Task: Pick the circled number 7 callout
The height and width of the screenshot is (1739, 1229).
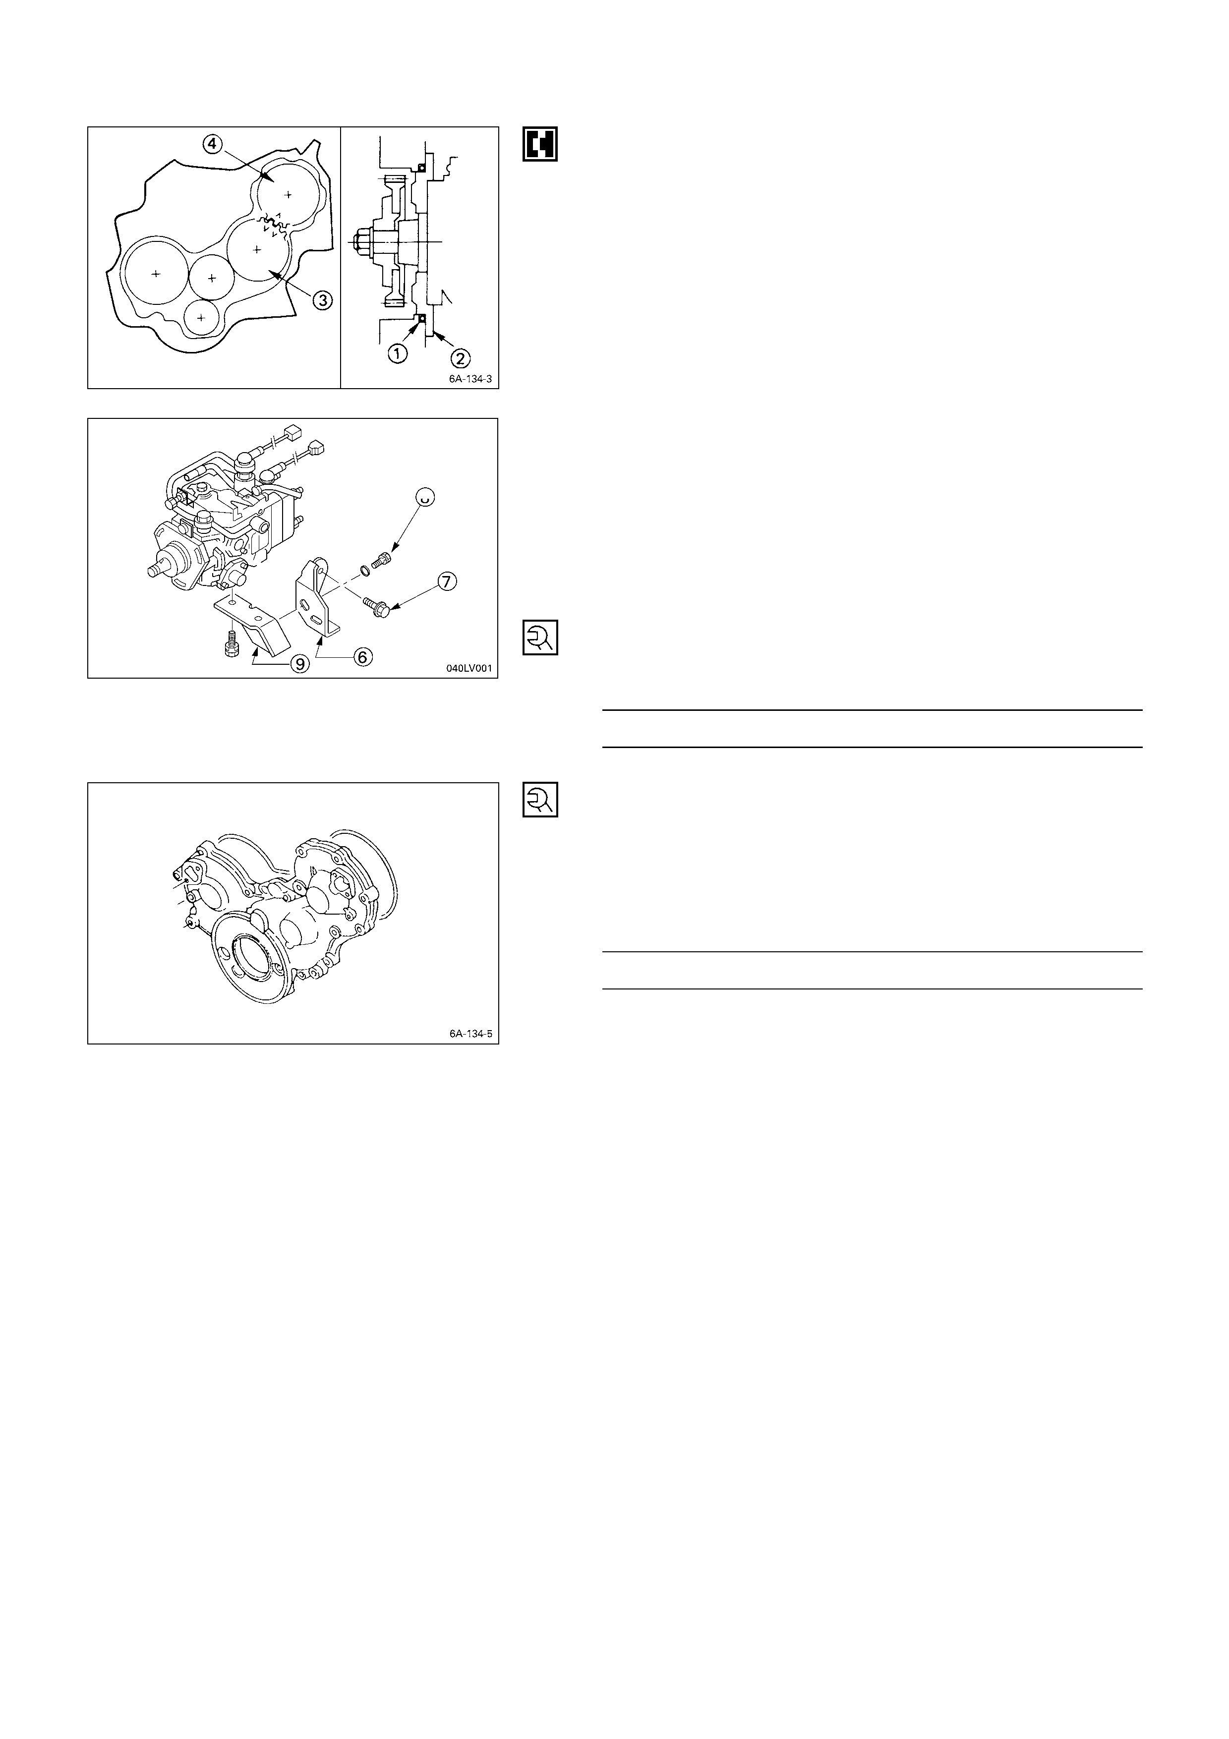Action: [x=447, y=581]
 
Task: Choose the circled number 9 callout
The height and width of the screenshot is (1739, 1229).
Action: [x=300, y=664]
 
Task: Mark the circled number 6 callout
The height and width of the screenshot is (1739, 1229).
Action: [x=363, y=657]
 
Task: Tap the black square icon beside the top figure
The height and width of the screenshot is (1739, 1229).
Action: [x=540, y=143]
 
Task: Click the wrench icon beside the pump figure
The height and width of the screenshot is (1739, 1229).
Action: [x=540, y=638]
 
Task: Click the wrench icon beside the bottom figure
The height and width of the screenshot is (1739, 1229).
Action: [x=540, y=799]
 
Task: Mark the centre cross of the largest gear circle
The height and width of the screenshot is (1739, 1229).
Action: [x=155, y=274]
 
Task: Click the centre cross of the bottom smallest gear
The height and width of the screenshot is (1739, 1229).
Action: [x=201, y=318]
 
